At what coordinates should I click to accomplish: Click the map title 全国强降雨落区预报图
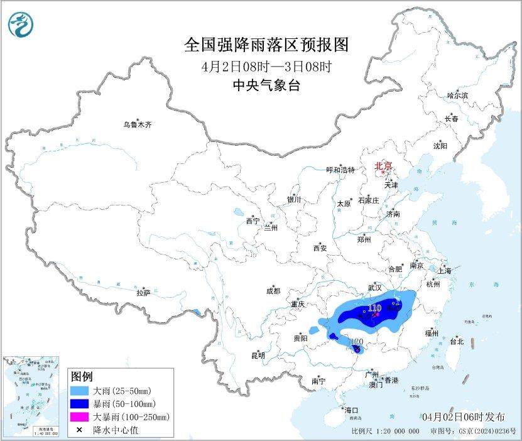266,45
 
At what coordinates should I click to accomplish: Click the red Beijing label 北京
383,166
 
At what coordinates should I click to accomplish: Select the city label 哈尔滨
457,95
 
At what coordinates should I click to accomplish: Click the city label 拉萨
143,293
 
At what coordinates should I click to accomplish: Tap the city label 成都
273,291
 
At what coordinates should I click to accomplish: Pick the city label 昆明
258,356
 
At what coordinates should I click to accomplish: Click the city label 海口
351,410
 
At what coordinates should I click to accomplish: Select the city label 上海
445,271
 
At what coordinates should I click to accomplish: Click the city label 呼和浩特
340,170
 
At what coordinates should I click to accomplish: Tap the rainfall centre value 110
375,308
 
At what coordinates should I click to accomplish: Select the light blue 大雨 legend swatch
80,391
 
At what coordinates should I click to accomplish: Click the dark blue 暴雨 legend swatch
80,404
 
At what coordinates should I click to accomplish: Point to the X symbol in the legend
80,430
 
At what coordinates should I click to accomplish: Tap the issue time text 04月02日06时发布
463,417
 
